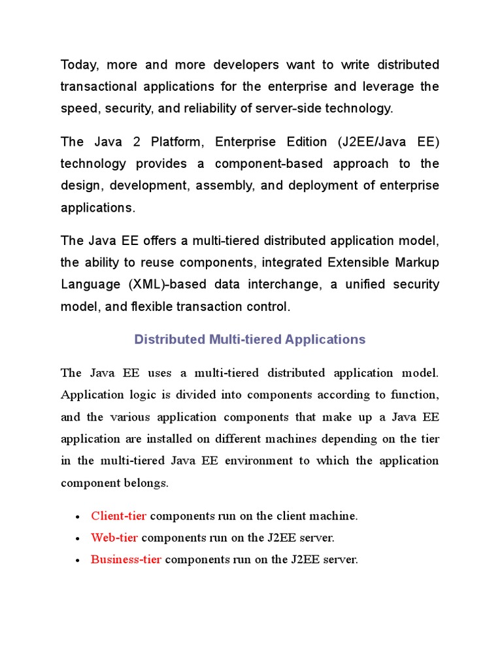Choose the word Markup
(416, 263)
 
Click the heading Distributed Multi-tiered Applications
(250, 340)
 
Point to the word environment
(259, 461)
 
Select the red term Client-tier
(118, 516)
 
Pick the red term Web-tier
(114, 538)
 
